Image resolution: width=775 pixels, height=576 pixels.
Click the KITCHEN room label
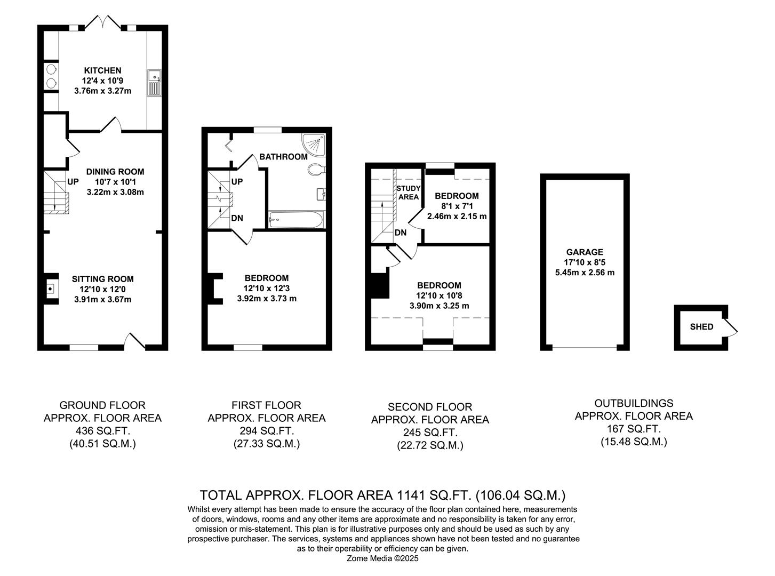pyautogui.click(x=102, y=70)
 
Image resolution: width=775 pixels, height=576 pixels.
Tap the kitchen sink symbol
pyautogui.click(x=154, y=83)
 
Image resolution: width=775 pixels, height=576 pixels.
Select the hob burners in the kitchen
pyautogui.click(x=51, y=76)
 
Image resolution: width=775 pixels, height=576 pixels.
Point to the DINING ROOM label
pyautogui.click(x=115, y=172)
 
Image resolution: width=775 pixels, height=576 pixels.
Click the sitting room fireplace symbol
pyautogui.click(x=51, y=289)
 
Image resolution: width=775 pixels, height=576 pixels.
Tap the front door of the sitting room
pyautogui.click(x=135, y=341)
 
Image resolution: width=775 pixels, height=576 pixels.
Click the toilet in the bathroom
pyautogui.click(x=316, y=170)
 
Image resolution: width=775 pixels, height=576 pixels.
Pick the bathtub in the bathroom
pyautogui.click(x=295, y=219)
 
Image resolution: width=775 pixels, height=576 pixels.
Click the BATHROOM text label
pyautogui.click(x=283, y=157)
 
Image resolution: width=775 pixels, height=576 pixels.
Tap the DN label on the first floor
pyautogui.click(x=237, y=218)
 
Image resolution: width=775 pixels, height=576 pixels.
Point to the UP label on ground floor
pyautogui.click(x=73, y=182)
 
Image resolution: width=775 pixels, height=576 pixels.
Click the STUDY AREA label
pyautogui.click(x=409, y=193)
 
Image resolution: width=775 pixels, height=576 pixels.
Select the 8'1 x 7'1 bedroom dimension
pyautogui.click(x=457, y=206)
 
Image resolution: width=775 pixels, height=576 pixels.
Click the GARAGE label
pyautogui.click(x=585, y=252)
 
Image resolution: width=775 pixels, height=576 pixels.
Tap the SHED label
pyautogui.click(x=701, y=327)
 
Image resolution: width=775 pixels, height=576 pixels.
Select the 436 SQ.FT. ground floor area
pyautogui.click(x=102, y=431)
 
